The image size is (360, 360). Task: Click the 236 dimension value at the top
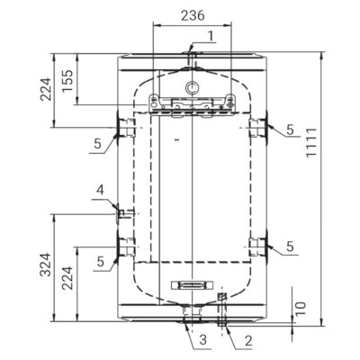coord(193,15)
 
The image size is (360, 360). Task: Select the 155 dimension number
coord(67,81)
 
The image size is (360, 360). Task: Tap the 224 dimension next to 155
coord(46,90)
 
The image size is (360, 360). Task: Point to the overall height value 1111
coord(311,142)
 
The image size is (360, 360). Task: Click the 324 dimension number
coord(46,265)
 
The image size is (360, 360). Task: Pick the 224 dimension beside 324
coord(67,278)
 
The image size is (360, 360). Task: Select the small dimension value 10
coord(301,308)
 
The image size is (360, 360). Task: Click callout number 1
coord(211,36)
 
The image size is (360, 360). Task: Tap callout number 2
coord(248,341)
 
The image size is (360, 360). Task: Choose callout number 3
coord(203,340)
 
